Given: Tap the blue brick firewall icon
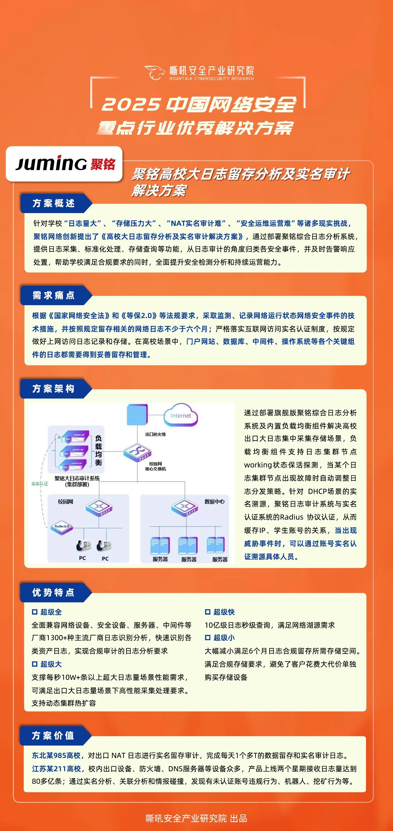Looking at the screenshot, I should (137, 414).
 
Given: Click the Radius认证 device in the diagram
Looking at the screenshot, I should (62, 526).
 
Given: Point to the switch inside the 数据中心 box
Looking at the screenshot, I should (184, 507).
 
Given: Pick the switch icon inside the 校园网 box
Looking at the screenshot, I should (99, 507).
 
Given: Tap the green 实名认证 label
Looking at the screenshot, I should (40, 483).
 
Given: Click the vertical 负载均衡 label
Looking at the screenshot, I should (99, 450).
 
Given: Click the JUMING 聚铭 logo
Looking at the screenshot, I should (64, 164).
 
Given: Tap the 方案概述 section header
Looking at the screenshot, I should (53, 203).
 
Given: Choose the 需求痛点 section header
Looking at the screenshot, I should (53, 295).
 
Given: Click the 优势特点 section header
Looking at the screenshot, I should (53, 592).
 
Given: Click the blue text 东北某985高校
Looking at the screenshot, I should (57, 755).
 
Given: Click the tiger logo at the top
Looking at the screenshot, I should (155, 72).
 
